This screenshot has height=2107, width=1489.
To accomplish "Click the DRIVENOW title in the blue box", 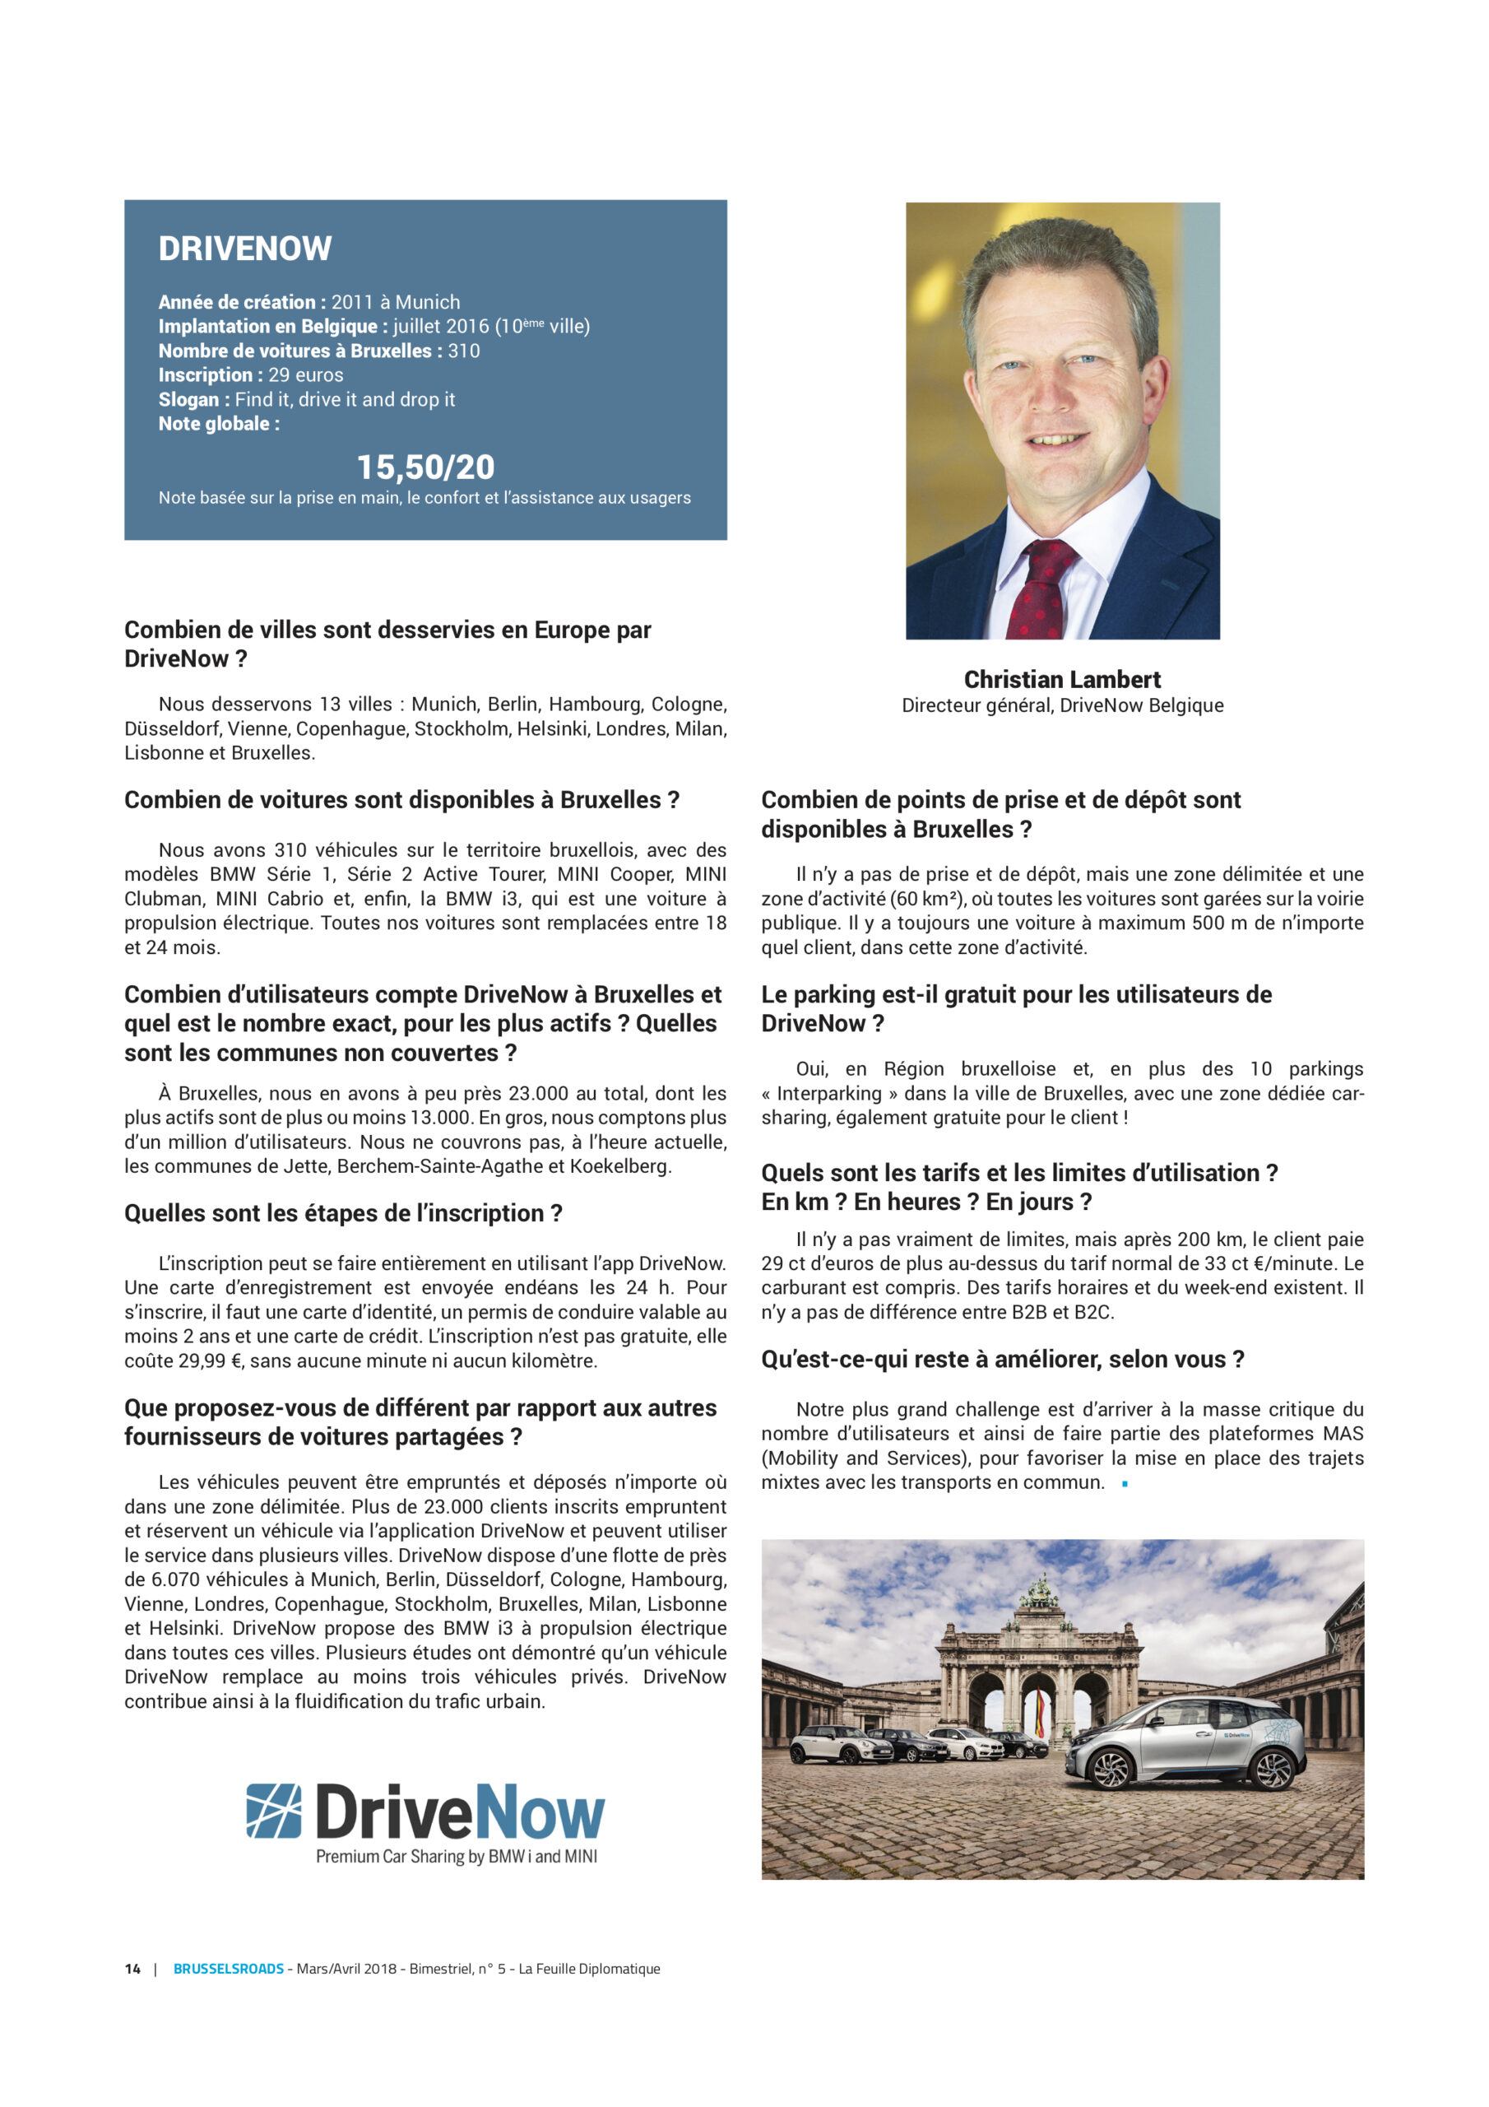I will point(245,249).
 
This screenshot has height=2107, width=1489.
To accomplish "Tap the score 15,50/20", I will point(424,467).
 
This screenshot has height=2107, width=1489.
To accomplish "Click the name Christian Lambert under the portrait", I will point(1061,679).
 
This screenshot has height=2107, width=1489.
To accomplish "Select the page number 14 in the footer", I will point(133,1969).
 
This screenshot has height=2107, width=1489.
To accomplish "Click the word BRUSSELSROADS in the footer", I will point(229,1969).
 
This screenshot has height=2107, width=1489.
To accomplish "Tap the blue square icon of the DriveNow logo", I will point(273,1811).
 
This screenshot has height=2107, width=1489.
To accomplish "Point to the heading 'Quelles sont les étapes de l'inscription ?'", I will point(343,1213).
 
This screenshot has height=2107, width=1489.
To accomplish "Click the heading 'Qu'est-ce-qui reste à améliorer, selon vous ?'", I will point(1002,1359).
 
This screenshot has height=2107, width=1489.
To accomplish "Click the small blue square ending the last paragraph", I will point(1125,1484).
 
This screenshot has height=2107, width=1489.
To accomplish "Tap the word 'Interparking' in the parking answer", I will point(830,1093).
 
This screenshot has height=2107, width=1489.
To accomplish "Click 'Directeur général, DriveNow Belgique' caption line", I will point(1061,705).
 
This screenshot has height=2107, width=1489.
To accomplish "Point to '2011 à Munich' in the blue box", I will point(396,302).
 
